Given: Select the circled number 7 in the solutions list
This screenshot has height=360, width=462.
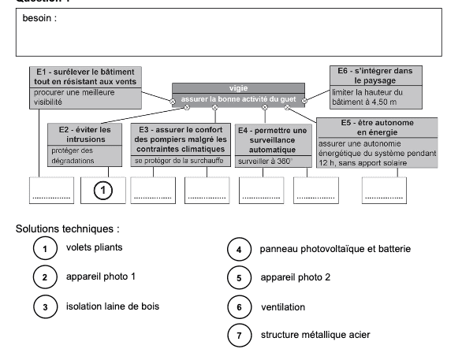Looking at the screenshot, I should pyautogui.click(x=239, y=336).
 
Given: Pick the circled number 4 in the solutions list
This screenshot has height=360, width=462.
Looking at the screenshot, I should pyautogui.click(x=239, y=251).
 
